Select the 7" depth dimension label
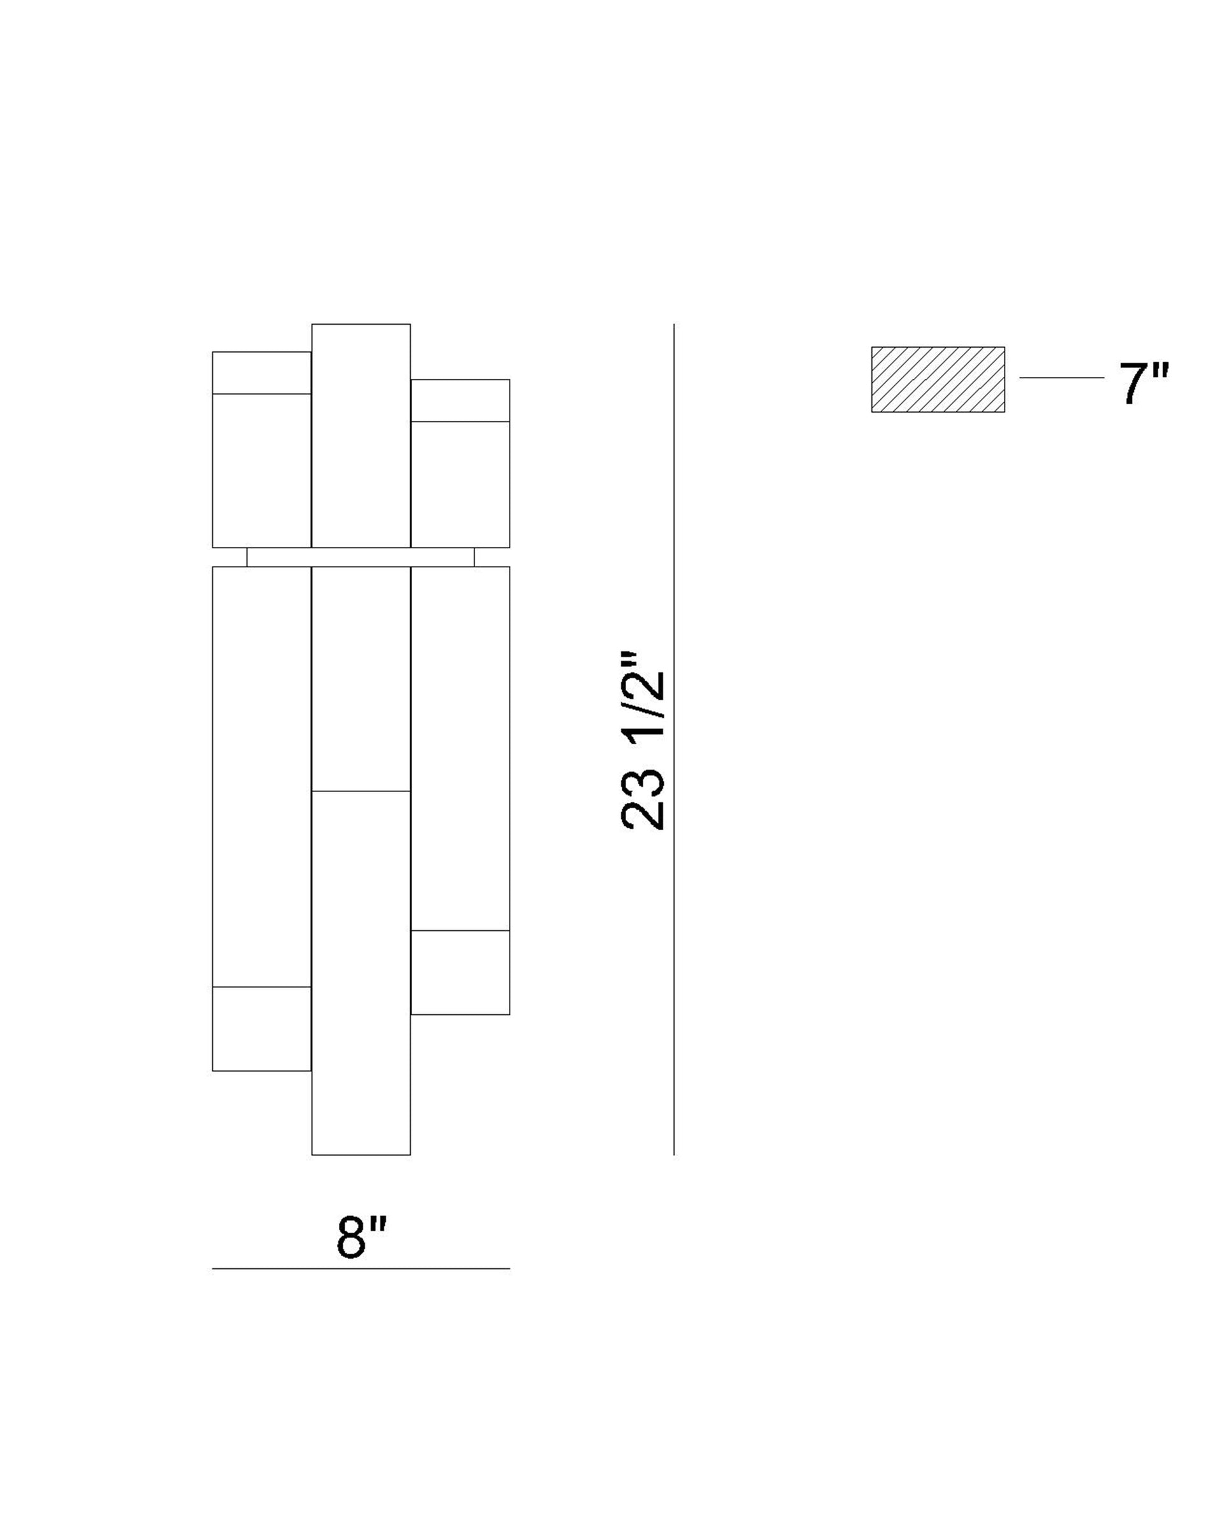click(x=1143, y=383)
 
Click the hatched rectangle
click(x=937, y=379)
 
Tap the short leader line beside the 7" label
click(x=1061, y=378)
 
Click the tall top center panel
click(x=361, y=435)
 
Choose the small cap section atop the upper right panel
click(x=460, y=400)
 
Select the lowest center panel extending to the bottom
click(x=361, y=972)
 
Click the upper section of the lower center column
click(x=361, y=678)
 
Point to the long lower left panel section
click(x=262, y=776)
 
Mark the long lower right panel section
click(x=460, y=747)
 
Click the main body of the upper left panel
click(x=262, y=470)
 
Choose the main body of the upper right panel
click(x=460, y=484)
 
